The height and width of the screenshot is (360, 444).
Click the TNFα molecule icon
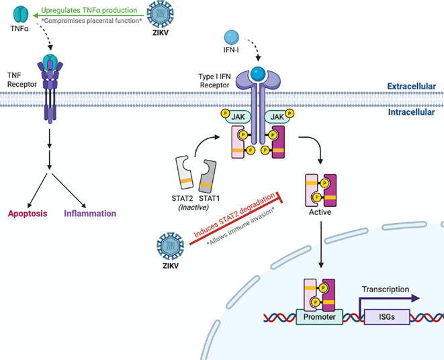pos(21,15)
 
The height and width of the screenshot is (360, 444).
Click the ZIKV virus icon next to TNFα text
pos(161,14)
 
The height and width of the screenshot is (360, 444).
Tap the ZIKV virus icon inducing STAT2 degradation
pos(171,246)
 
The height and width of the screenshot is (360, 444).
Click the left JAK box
pos(238,117)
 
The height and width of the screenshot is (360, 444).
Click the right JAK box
pos(277,117)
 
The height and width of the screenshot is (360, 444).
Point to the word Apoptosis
pos(28,214)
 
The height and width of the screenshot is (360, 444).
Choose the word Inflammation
pos(90,214)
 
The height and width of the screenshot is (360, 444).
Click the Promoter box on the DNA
pos(320,316)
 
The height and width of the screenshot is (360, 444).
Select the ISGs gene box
pos(387,316)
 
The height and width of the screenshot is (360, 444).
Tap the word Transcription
pos(386,289)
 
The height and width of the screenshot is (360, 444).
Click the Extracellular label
pos(412,87)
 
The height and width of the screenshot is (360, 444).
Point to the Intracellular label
pos(411,112)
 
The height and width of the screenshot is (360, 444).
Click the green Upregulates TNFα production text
pos(89,10)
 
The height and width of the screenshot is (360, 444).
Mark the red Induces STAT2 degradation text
pos(234,216)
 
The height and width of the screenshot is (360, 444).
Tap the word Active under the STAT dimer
pos(320,212)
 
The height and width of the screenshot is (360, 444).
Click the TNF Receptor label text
pos(21,80)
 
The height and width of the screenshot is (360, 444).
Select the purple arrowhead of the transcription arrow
pos(415,298)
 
